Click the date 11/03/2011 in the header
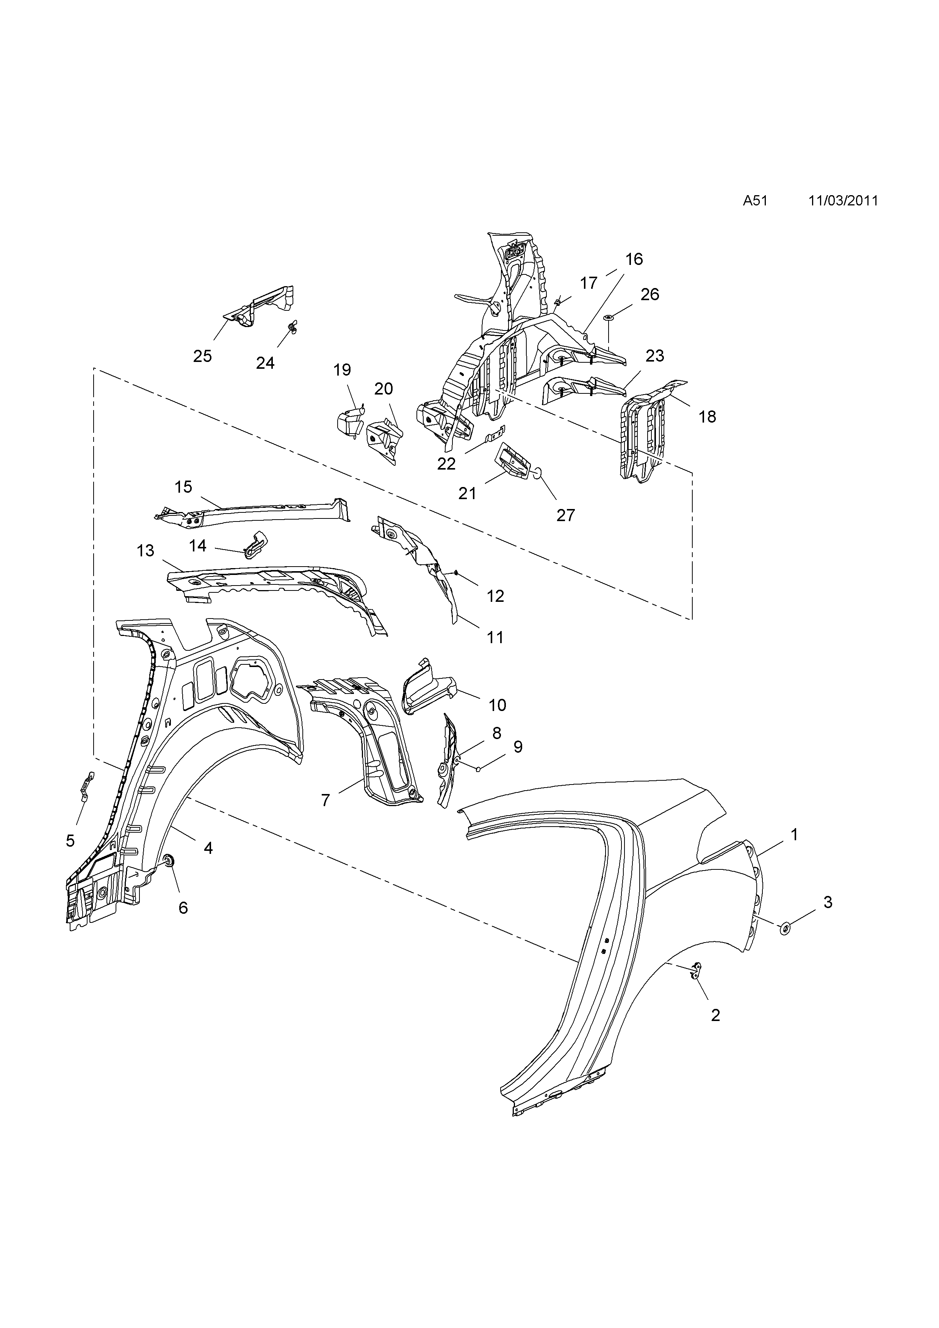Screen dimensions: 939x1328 pyautogui.click(x=843, y=201)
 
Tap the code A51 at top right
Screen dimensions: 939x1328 pyautogui.click(x=755, y=201)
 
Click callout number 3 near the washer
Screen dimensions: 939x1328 pyautogui.click(x=828, y=902)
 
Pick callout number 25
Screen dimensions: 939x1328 pyautogui.click(x=202, y=356)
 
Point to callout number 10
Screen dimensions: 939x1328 pyautogui.click(x=497, y=705)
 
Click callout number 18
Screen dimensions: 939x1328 pyautogui.click(x=707, y=417)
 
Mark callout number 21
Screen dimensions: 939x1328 pyautogui.click(x=467, y=493)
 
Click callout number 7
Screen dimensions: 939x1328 pyautogui.click(x=325, y=800)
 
